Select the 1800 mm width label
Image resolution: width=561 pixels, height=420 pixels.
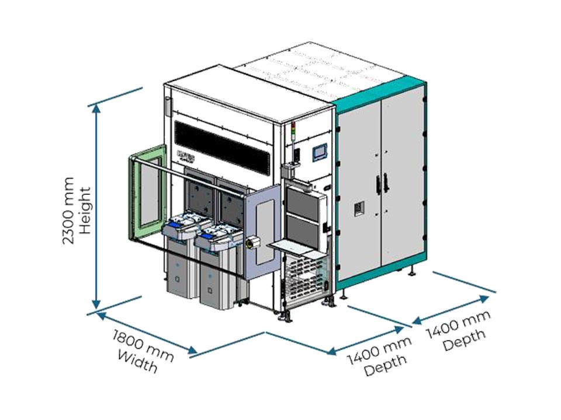coord(140,351)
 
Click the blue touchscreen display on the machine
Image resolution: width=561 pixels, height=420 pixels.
coord(320,152)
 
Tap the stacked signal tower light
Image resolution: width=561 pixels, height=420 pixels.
coord(293,134)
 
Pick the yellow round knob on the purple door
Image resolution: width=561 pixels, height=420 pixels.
coord(255,241)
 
